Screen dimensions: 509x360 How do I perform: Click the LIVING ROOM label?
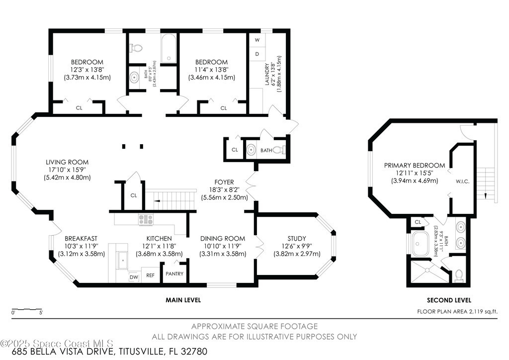pyautogui.click(x=67, y=162)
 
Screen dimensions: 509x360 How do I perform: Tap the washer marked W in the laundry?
pyautogui.click(x=257, y=40)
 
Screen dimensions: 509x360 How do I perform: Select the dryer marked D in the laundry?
pyautogui.click(x=257, y=54)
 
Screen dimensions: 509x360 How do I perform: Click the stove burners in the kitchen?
pyautogui.click(x=146, y=220)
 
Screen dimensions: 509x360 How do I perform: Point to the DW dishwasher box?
pyautogui.click(x=134, y=277)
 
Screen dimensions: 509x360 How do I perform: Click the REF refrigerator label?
pyautogui.click(x=150, y=275)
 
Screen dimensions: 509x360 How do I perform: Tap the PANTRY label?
pyautogui.click(x=174, y=273)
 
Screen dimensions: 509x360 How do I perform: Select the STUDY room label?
pyautogui.click(x=297, y=239)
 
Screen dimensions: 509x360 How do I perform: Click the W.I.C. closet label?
pyautogui.click(x=463, y=181)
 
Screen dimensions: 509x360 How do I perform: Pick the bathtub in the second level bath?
pyautogui.click(x=421, y=244)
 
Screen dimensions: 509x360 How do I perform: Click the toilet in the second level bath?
pyautogui.click(x=459, y=275)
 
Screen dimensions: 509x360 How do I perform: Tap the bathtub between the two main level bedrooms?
pyautogui.click(x=169, y=48)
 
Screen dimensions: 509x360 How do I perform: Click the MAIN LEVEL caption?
pyautogui.click(x=183, y=300)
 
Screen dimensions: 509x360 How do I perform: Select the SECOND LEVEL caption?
pyautogui.click(x=449, y=300)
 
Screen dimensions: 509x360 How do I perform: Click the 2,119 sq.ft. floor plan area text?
pyautogui.click(x=482, y=312)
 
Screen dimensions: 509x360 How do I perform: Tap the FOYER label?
pyautogui.click(x=224, y=182)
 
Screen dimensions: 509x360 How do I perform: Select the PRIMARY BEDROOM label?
pyautogui.click(x=415, y=165)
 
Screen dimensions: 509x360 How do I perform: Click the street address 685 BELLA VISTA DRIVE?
pyautogui.click(x=63, y=352)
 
